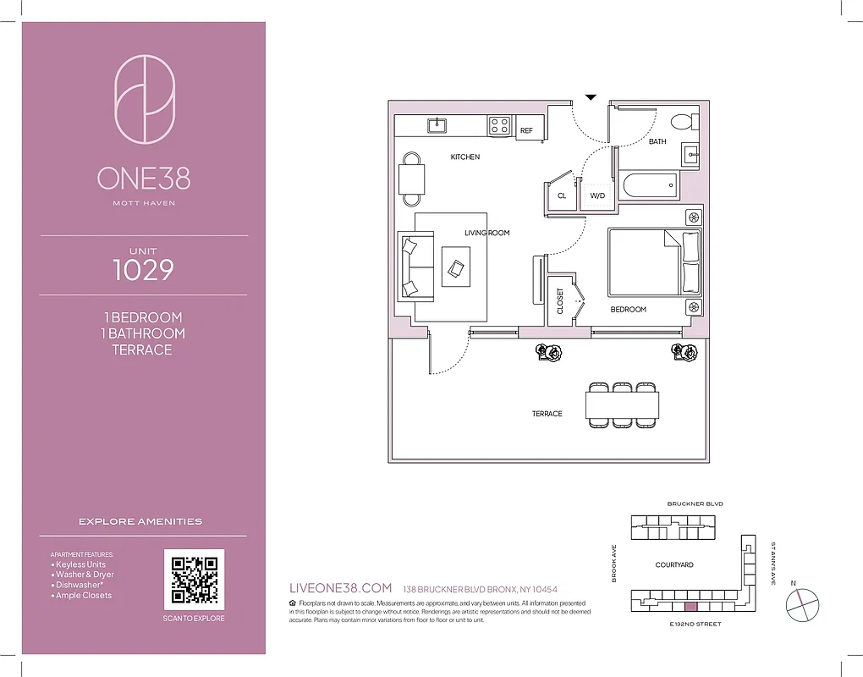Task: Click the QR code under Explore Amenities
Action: [194, 579]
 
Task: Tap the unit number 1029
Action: [143, 270]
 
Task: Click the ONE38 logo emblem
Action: [144, 100]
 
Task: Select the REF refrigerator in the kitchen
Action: [527, 129]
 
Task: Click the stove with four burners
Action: [499, 126]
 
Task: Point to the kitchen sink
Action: [437, 125]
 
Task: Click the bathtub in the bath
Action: [648, 185]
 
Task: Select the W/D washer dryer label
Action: [596, 195]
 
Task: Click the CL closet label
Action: [561, 195]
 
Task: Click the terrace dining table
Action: [623, 405]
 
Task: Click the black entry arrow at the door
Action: [591, 97]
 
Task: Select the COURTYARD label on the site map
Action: [673, 564]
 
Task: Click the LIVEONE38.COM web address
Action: [340, 588]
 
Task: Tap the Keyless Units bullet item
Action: [80, 564]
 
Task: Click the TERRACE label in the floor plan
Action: [547, 414]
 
